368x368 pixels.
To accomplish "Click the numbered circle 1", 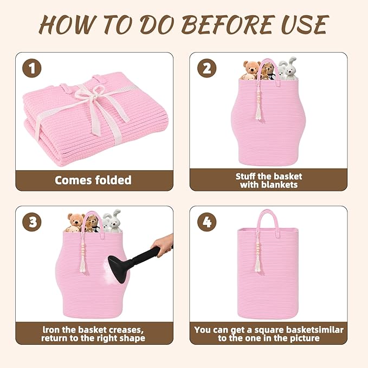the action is click(32, 68).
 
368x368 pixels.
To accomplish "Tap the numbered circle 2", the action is click(206, 68).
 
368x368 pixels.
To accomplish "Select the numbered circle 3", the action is click(32, 222).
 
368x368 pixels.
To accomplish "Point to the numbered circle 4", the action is click(206, 222).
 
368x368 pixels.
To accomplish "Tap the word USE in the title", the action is click(304, 24).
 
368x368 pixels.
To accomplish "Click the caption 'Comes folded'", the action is click(93, 180).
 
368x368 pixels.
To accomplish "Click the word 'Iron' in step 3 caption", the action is click(50, 330).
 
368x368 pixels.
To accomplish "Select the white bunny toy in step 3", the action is click(112, 222).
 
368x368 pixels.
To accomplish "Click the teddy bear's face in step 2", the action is click(252, 68).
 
